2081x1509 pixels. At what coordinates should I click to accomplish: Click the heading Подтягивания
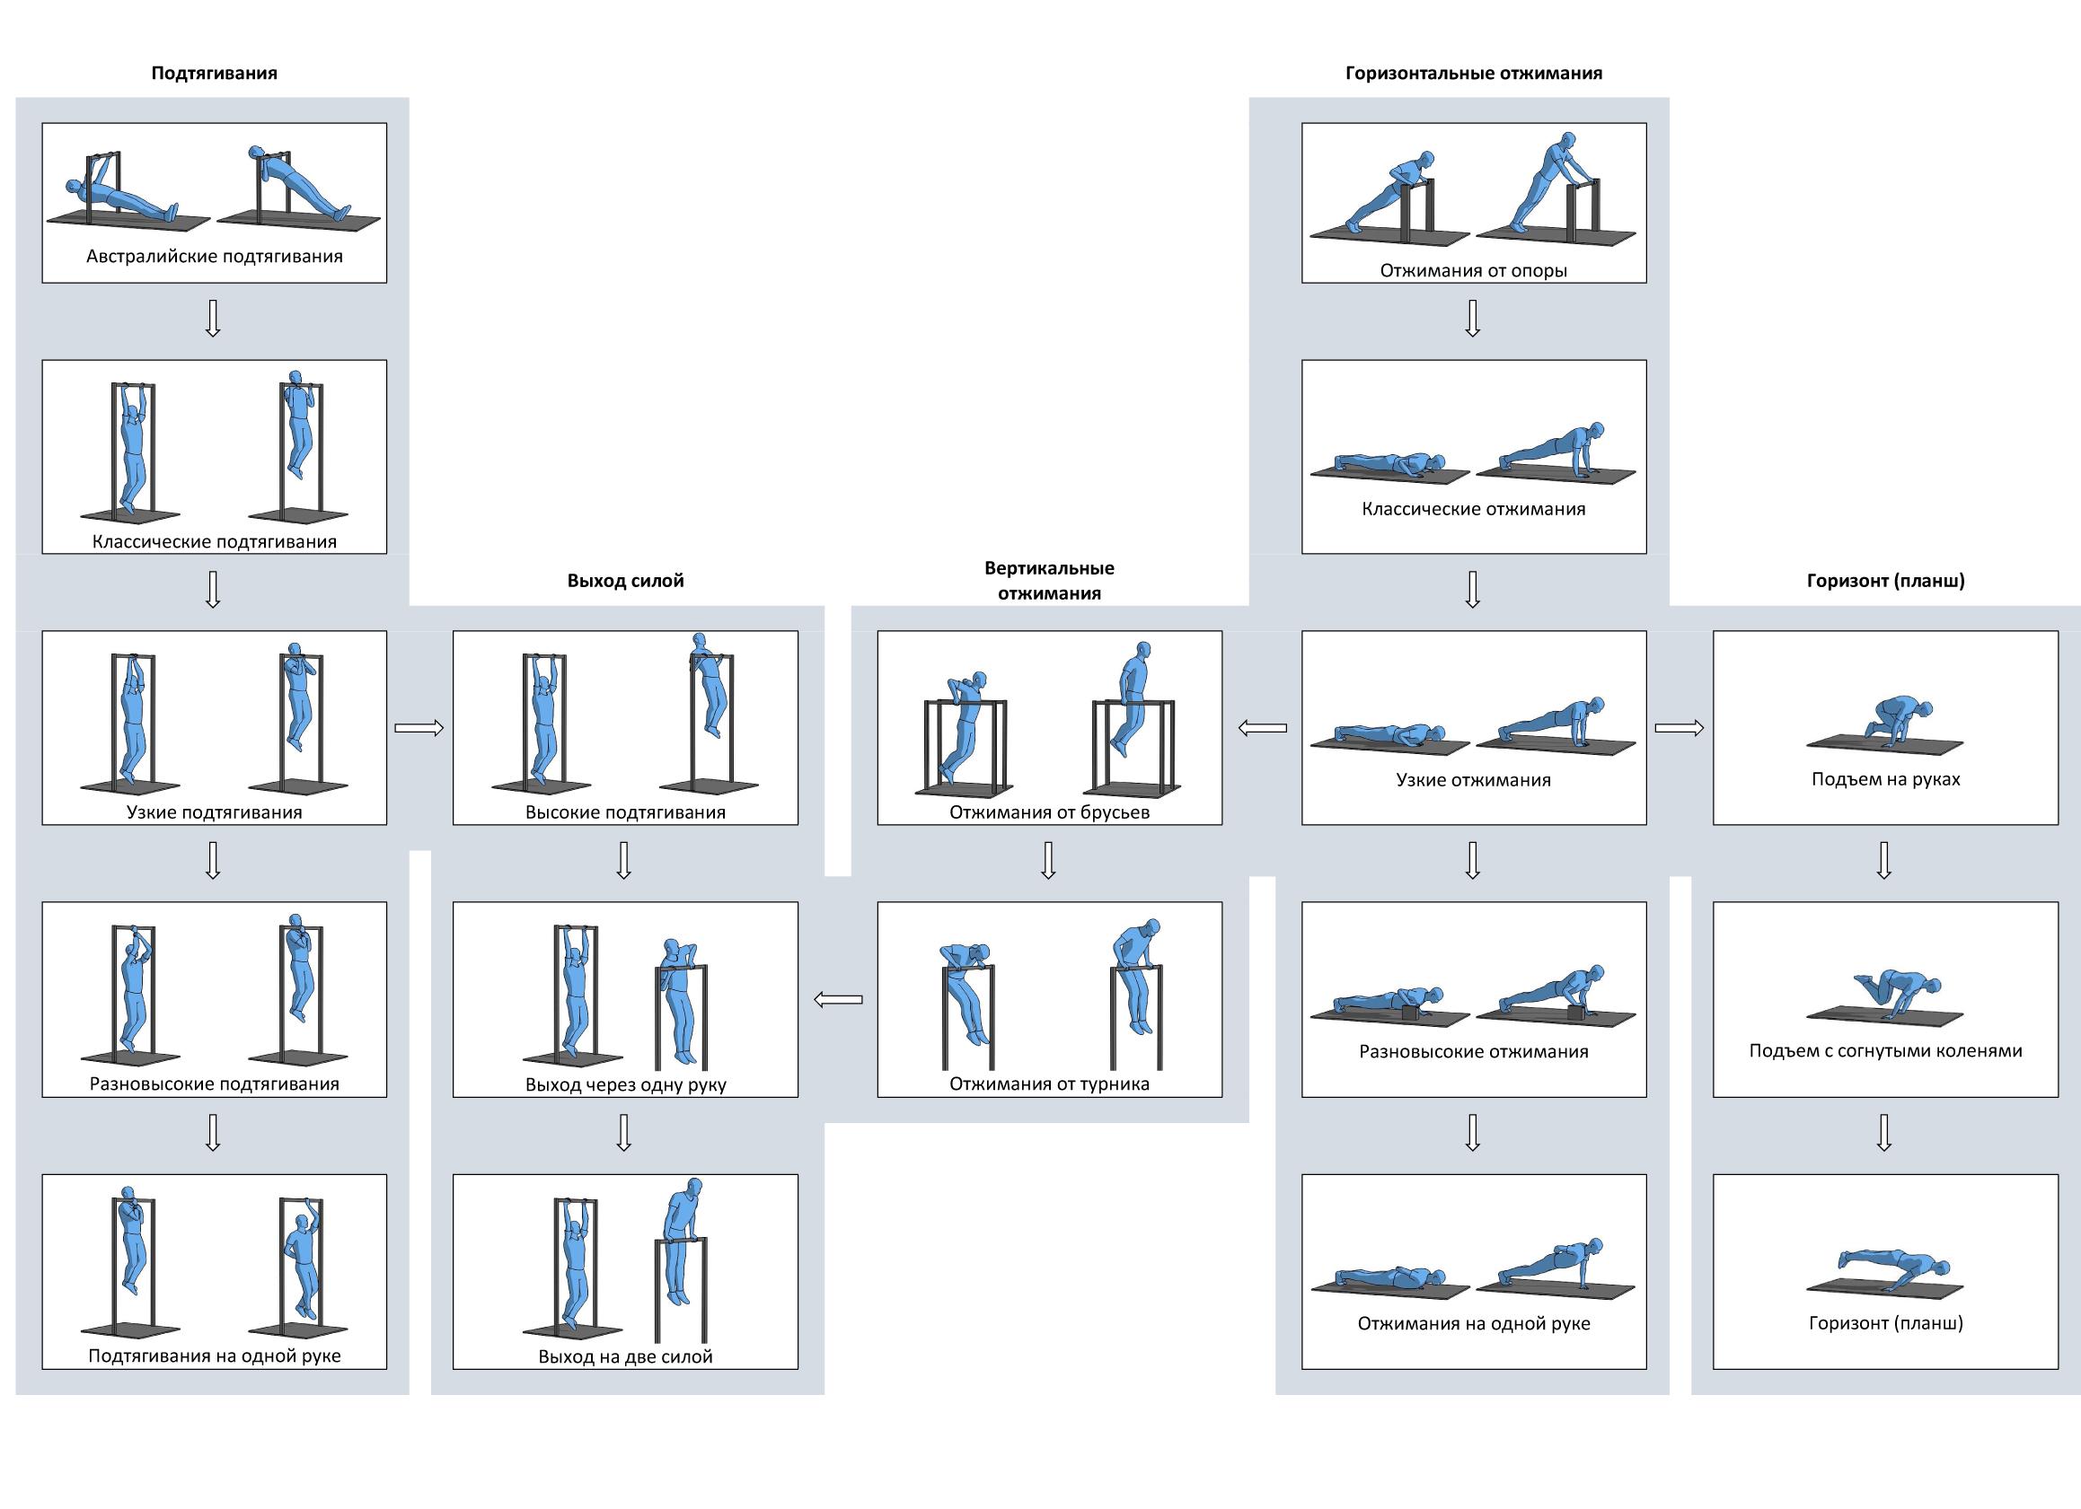tap(214, 74)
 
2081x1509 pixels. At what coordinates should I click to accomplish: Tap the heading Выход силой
tap(625, 581)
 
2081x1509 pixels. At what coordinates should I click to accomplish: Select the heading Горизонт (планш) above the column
tap(1884, 581)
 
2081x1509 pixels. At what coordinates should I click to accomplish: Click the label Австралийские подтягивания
tap(214, 257)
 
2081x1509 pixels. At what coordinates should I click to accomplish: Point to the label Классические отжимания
tap(1473, 509)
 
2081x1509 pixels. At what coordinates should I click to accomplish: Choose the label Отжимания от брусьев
tap(1049, 812)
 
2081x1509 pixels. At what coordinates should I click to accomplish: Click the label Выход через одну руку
tap(625, 1085)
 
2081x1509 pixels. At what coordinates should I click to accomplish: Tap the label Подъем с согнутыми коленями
tap(1884, 1051)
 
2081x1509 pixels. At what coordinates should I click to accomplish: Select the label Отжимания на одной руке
tap(1473, 1324)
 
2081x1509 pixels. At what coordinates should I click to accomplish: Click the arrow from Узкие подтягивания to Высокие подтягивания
tap(419, 728)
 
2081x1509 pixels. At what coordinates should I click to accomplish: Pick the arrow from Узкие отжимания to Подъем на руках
tap(1680, 728)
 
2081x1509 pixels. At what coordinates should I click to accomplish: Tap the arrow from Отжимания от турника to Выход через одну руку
tap(838, 1000)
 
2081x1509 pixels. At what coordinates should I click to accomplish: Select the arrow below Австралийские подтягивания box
tap(213, 319)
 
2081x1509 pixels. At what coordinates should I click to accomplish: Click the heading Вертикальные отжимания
tap(1049, 581)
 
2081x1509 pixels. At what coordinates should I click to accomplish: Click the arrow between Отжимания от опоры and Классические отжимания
tap(1473, 319)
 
